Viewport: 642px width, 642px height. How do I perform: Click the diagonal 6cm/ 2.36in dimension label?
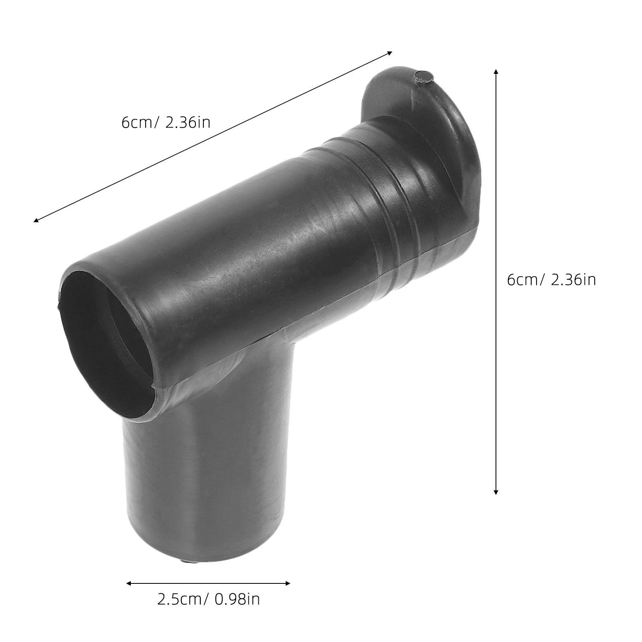pos(166,122)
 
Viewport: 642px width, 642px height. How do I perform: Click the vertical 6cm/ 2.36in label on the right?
pos(551,280)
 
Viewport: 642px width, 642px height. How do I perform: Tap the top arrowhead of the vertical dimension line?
pos(496,71)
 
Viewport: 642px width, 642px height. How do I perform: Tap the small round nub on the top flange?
pos(423,77)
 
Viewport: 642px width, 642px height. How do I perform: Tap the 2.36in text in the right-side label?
pos(573,280)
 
